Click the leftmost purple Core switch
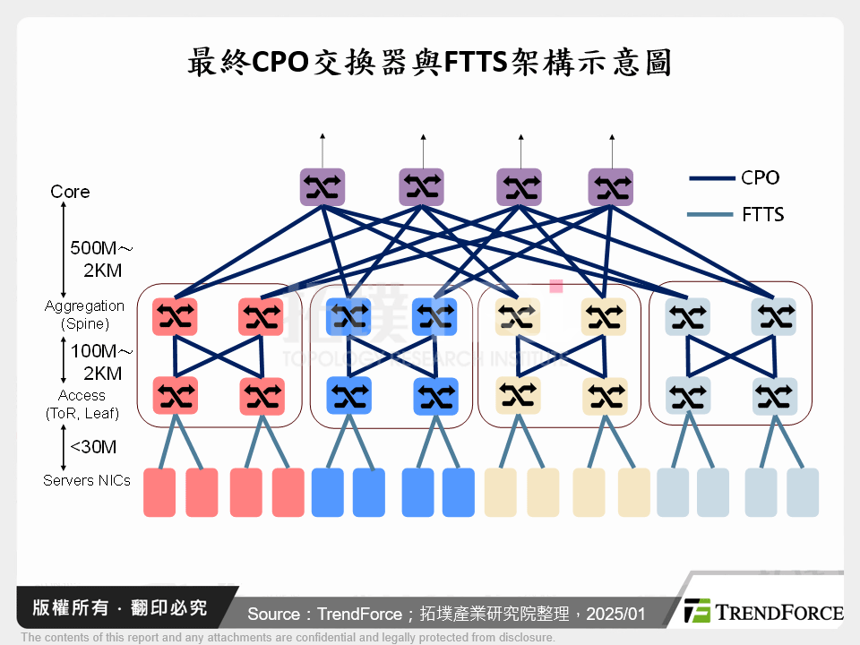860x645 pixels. click(x=322, y=187)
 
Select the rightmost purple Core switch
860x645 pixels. click(x=611, y=187)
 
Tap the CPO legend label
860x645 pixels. click(x=761, y=177)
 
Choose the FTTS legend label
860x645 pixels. click(x=762, y=214)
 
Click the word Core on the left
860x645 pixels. click(x=70, y=192)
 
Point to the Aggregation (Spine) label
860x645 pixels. click(x=84, y=314)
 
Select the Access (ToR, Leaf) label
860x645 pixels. click(x=82, y=404)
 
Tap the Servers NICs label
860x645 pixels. click(x=87, y=480)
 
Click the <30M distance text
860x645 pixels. click(x=93, y=447)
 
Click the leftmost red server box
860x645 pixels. click(x=159, y=493)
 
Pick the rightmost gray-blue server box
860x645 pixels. click(x=803, y=493)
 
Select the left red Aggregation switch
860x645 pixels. click(x=174, y=316)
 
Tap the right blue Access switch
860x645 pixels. click(x=435, y=395)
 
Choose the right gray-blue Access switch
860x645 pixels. click(x=775, y=395)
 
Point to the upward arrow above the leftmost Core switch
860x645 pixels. click(x=322, y=148)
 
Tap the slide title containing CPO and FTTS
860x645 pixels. click(x=429, y=64)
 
